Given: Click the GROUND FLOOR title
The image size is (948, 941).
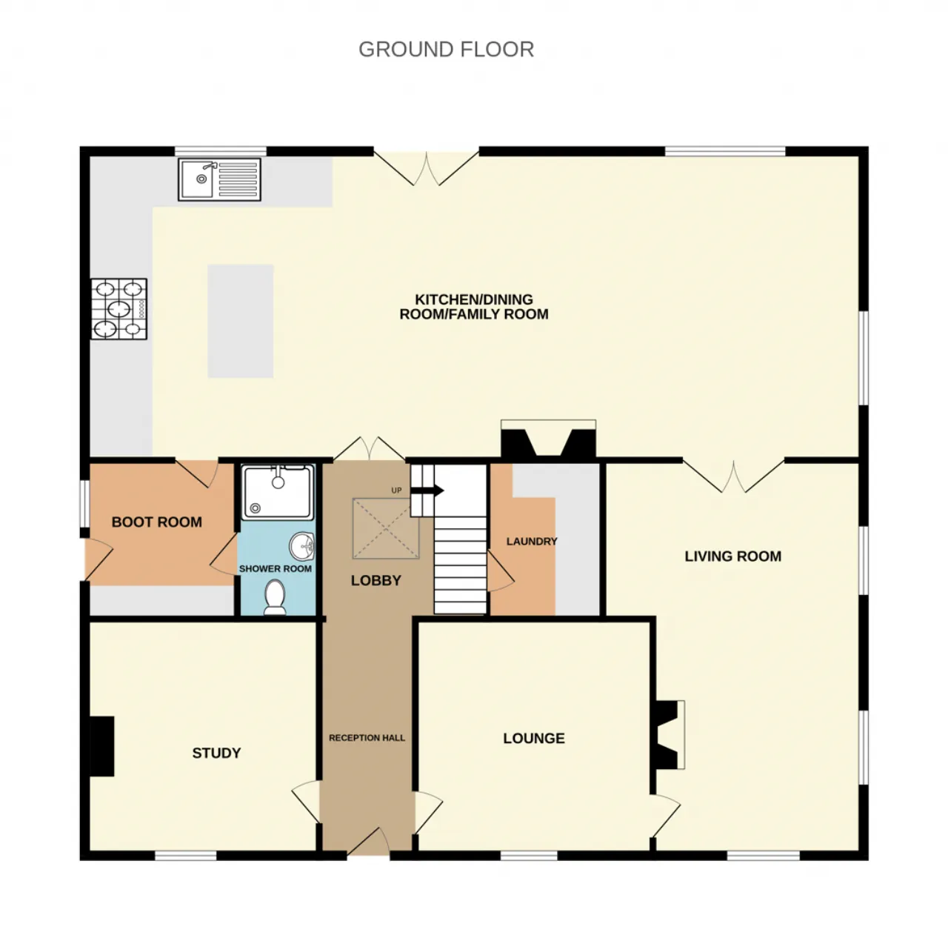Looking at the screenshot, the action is (446, 49).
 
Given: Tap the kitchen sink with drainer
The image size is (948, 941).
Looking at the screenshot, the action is (219, 179).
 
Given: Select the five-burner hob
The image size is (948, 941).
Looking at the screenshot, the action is (119, 309).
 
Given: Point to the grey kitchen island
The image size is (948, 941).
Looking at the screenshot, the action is (241, 321).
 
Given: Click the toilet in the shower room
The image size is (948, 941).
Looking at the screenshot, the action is (275, 596).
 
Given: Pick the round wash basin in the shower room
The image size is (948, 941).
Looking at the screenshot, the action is (301, 546).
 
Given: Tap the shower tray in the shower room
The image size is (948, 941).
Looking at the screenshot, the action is (278, 493).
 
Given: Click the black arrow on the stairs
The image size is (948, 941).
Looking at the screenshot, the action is (427, 491).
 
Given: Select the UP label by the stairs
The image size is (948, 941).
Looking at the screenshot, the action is (396, 491).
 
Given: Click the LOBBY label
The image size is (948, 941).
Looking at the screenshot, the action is (375, 581).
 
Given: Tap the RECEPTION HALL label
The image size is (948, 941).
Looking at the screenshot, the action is (367, 738).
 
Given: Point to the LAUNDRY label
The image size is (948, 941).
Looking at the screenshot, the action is (532, 542).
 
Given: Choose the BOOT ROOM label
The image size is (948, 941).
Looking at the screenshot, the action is (157, 522).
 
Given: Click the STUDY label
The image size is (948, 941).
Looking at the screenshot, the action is (216, 753).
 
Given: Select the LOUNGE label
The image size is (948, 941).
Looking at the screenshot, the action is (534, 738).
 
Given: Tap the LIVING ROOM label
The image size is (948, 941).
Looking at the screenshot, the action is (733, 556).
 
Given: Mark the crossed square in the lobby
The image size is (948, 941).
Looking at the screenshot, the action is (386, 528).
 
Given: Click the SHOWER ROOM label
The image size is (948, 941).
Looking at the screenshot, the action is (276, 569).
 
